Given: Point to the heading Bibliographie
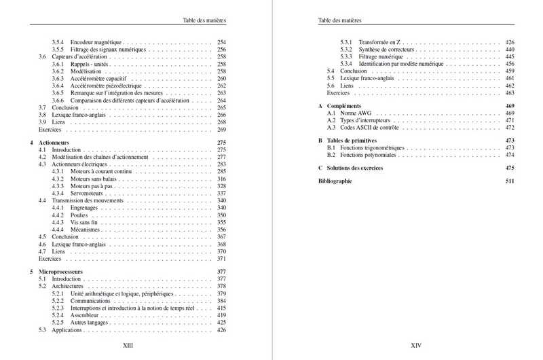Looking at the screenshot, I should tap(335, 181).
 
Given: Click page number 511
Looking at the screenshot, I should tap(510, 181).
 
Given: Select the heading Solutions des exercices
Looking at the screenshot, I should tap(360, 167).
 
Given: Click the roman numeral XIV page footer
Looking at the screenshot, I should tap(417, 345).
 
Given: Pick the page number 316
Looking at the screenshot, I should tap(221, 179).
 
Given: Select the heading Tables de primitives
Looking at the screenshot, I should tap(356, 141).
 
